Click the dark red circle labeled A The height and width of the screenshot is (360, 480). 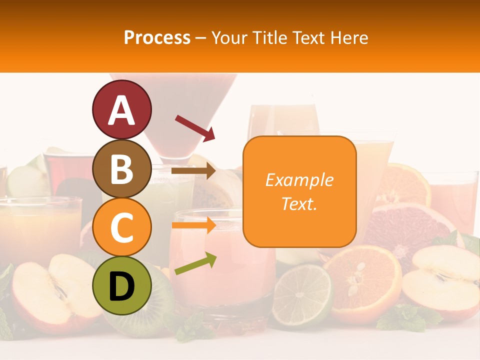tap(121, 109)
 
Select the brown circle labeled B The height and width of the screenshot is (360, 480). tap(121, 168)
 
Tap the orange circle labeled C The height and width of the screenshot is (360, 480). tap(121, 227)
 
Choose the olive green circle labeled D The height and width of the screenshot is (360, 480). tap(121, 286)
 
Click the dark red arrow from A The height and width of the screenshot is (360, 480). tap(195, 127)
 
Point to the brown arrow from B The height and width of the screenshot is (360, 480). tap(193, 171)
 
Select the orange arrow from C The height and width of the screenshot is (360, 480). tap(193, 225)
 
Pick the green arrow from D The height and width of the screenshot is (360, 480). tap(195, 263)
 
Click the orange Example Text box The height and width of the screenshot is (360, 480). tap(299, 191)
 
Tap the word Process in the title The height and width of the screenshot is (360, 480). tap(157, 37)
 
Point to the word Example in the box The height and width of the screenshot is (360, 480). tap(299, 180)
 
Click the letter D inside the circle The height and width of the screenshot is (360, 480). tap(121, 286)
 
